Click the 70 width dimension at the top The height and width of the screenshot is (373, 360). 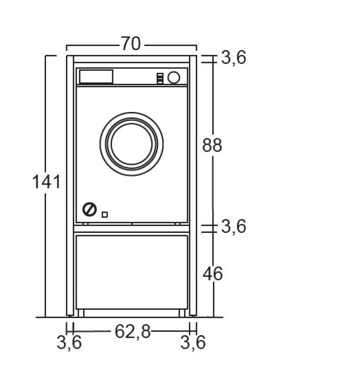[x=131, y=43]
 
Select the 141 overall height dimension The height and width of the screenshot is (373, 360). [x=46, y=182]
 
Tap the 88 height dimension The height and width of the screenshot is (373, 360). [x=212, y=145]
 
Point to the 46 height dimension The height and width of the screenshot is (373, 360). [x=213, y=274]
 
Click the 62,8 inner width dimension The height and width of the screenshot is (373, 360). [x=132, y=331]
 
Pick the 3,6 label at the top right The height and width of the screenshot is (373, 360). [x=233, y=57]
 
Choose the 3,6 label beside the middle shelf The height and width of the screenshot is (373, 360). [x=233, y=226]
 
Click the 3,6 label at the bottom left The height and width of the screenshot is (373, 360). [x=69, y=342]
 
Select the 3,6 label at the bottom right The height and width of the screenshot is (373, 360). [x=193, y=342]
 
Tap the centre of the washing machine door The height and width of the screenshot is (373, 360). [x=131, y=144]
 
